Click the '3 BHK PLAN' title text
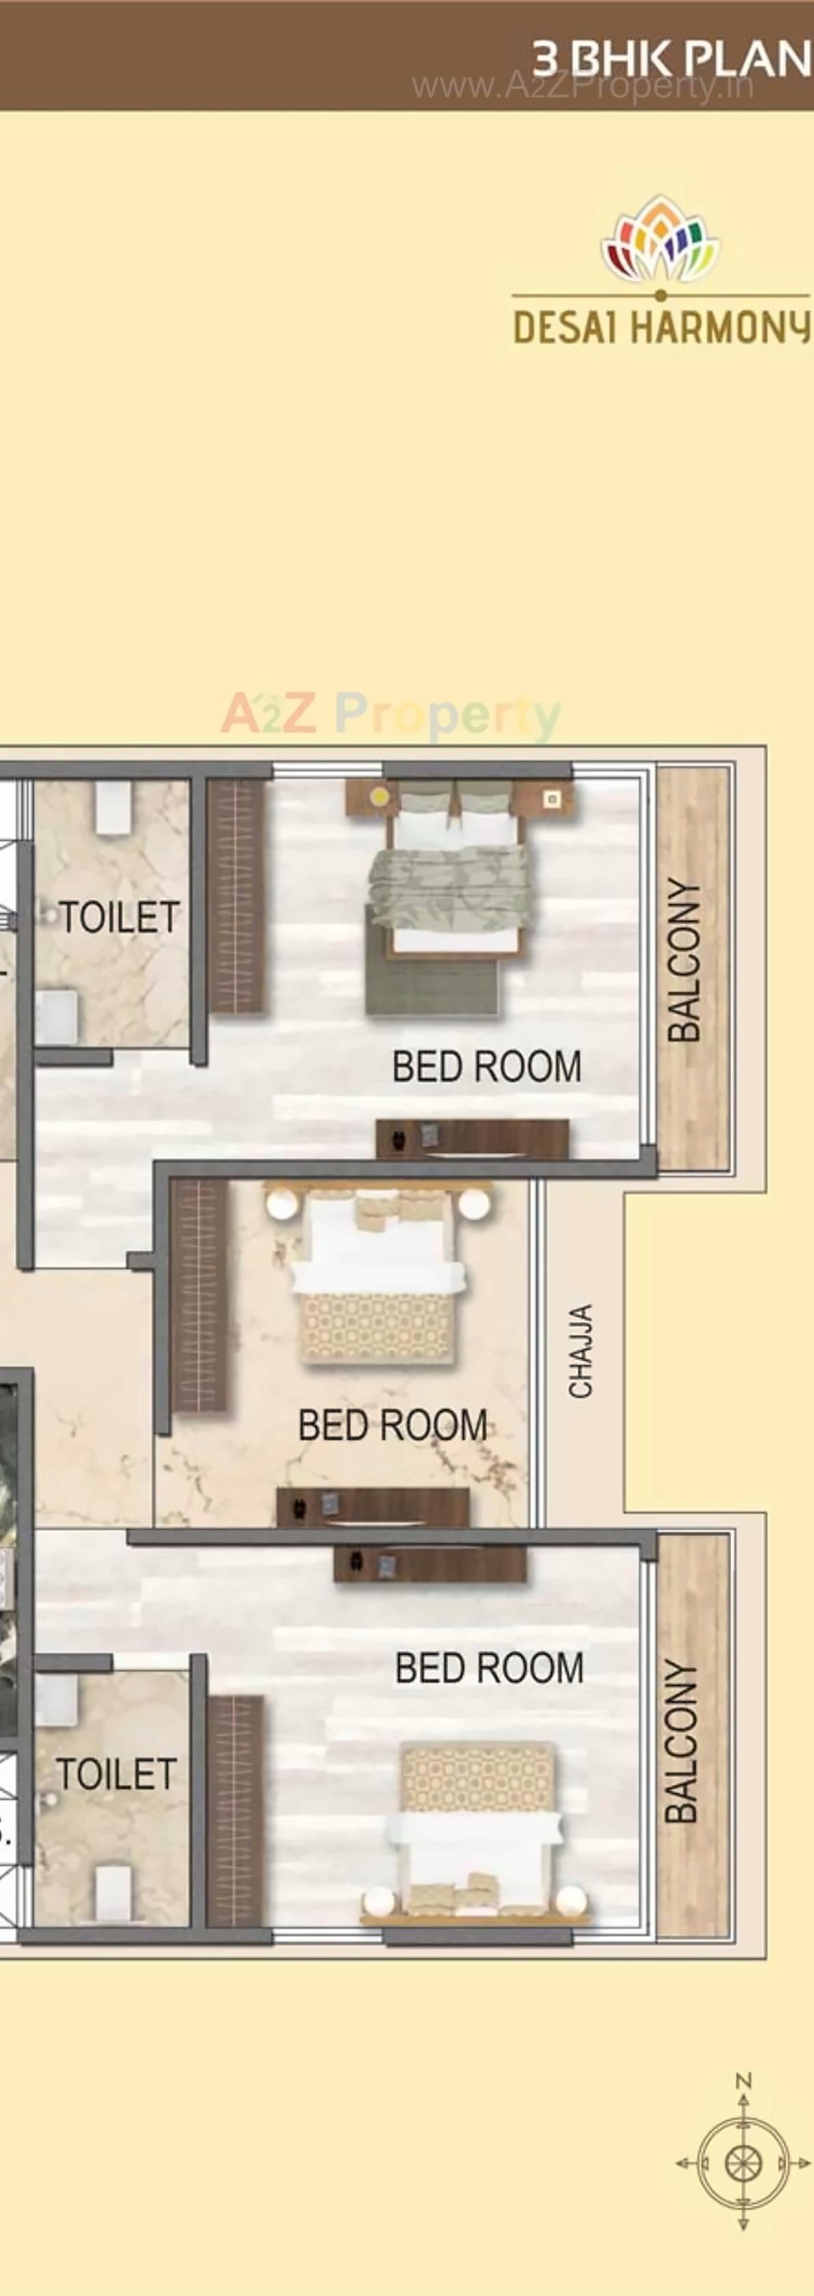pyautogui.click(x=670, y=59)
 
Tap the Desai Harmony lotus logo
pyautogui.click(x=660, y=239)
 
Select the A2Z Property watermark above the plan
pyautogui.click(x=391, y=714)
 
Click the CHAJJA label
pyautogui.click(x=581, y=1350)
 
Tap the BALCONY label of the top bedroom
pyautogui.click(x=685, y=960)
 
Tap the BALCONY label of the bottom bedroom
pyautogui.click(x=682, y=1741)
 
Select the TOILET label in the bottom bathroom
pyautogui.click(x=116, y=1774)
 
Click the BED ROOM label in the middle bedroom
pyautogui.click(x=392, y=1424)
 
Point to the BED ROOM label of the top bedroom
pyautogui.click(x=487, y=1067)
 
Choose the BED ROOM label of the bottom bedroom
pyautogui.click(x=490, y=1668)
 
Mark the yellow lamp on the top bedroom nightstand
pyautogui.click(x=381, y=795)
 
